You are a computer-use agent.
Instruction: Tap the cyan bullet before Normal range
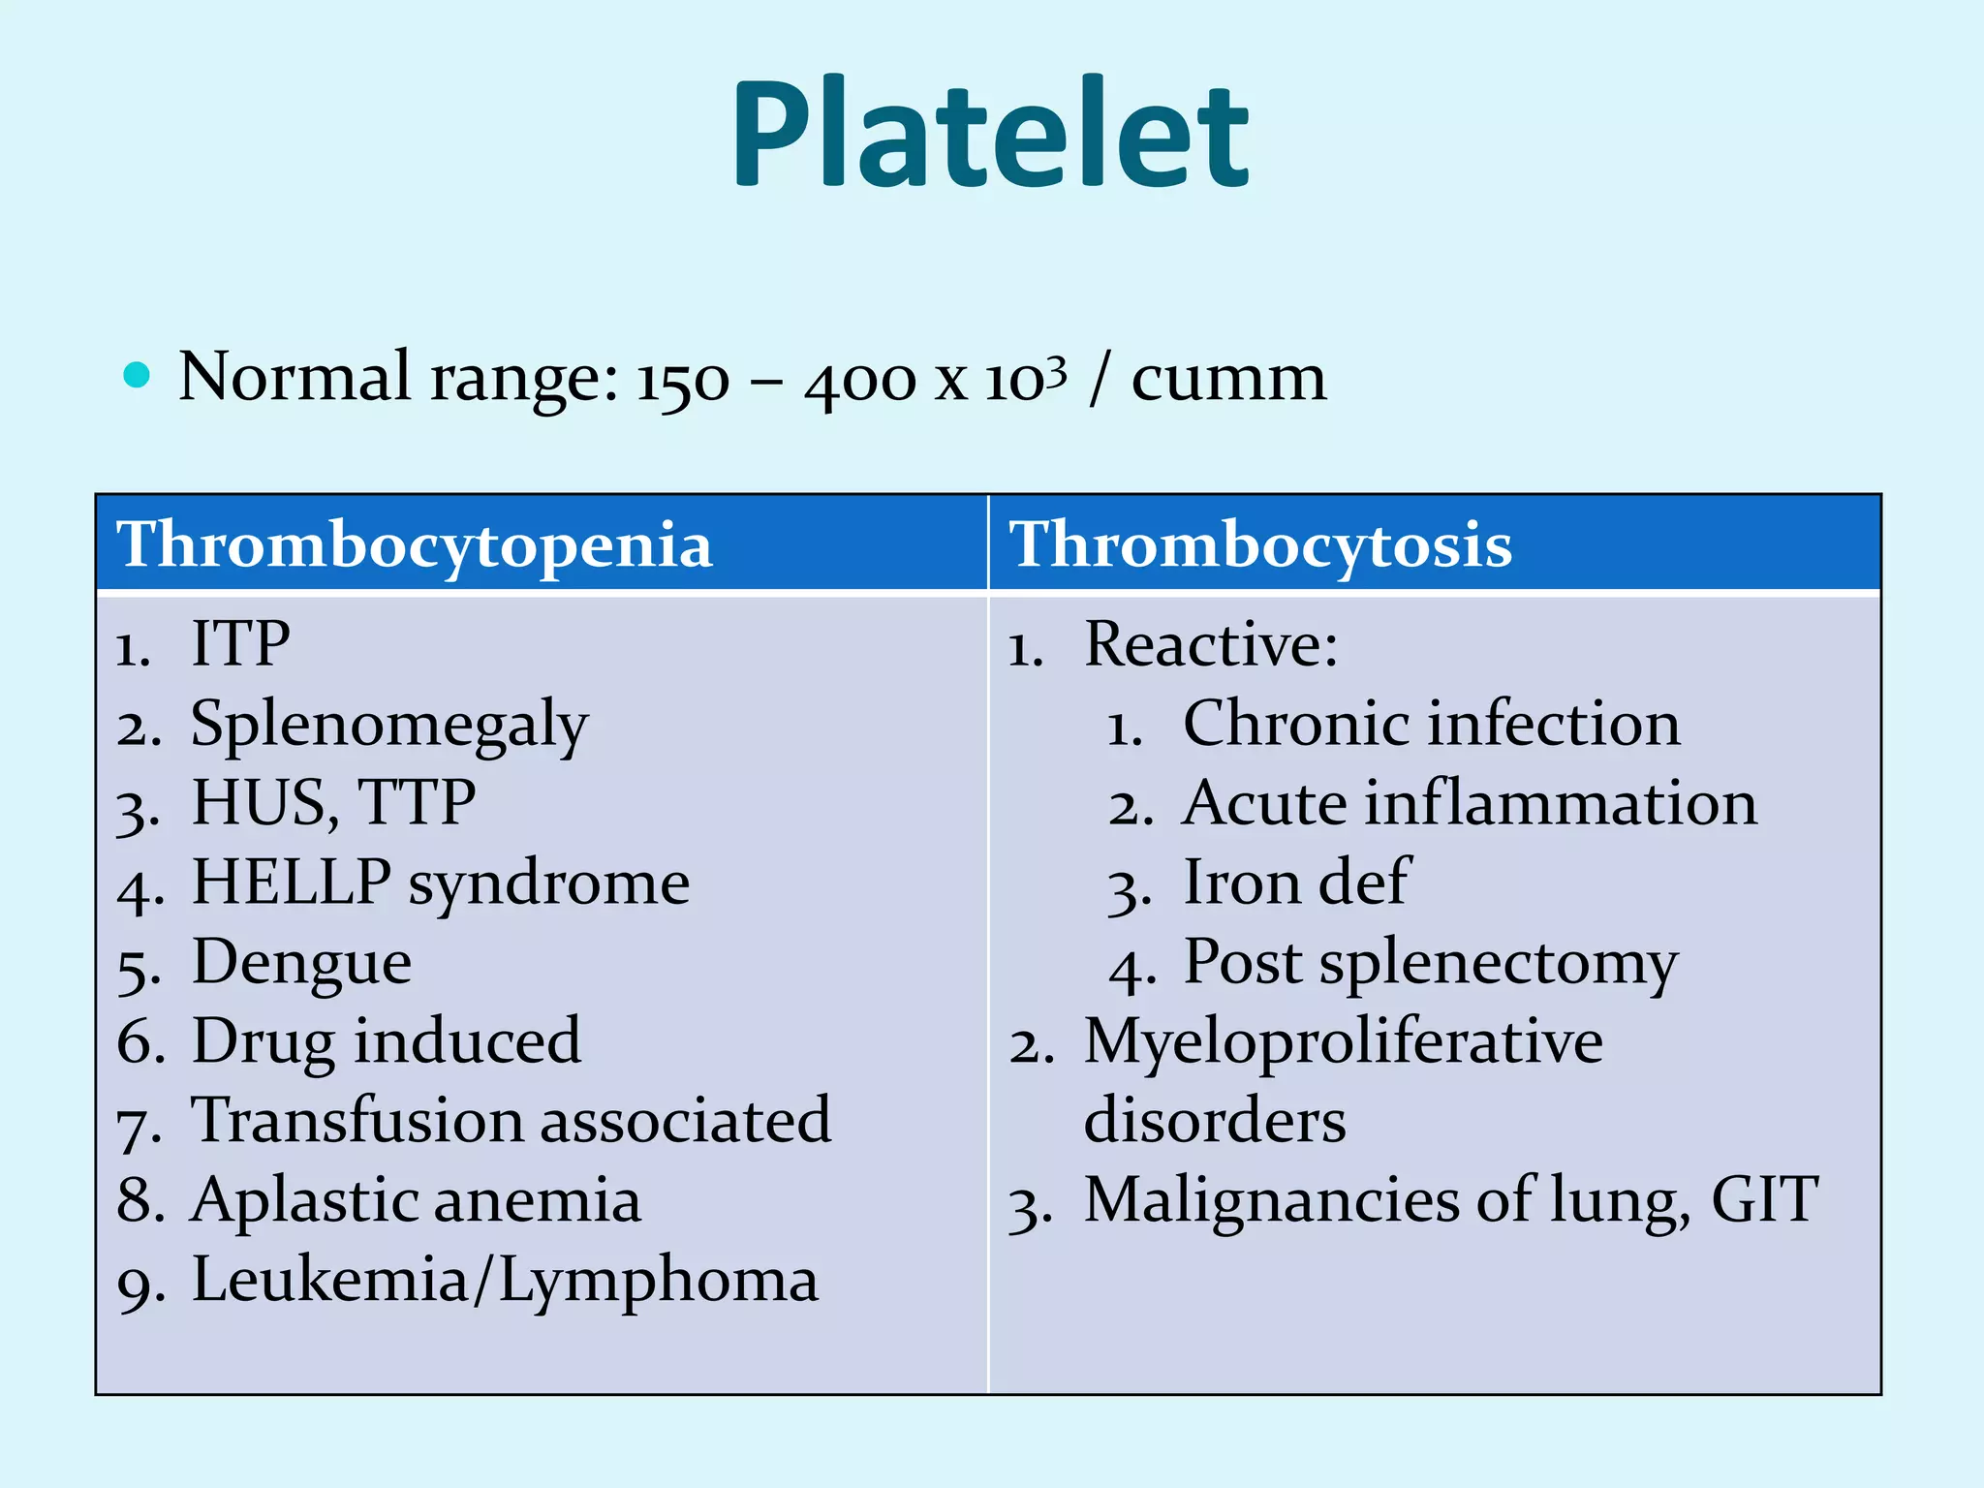pyautogui.click(x=138, y=375)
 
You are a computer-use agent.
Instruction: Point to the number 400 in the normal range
pyautogui.click(x=858, y=380)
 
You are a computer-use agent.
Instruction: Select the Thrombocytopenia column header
pyautogui.click(x=415, y=543)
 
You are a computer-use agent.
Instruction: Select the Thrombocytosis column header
pyautogui.click(x=1259, y=543)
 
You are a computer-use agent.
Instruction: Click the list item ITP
pyautogui.click(x=240, y=643)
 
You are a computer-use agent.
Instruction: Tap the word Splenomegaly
pyautogui.click(x=389, y=725)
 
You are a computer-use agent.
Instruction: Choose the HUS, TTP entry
pyautogui.click(x=333, y=803)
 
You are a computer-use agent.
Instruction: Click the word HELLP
pyautogui.click(x=291, y=883)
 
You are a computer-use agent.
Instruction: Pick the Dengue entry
pyautogui.click(x=301, y=963)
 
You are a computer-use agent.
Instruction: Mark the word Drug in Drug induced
pyautogui.click(x=262, y=1042)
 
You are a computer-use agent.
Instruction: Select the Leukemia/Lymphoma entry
pyautogui.click(x=505, y=1281)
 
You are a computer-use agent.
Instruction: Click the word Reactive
pyautogui.click(x=1209, y=643)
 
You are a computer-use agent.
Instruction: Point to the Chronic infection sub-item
pyautogui.click(x=1431, y=724)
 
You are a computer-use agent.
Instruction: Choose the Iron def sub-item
pyautogui.click(x=1295, y=883)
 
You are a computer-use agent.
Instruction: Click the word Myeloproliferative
pyautogui.click(x=1343, y=1042)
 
